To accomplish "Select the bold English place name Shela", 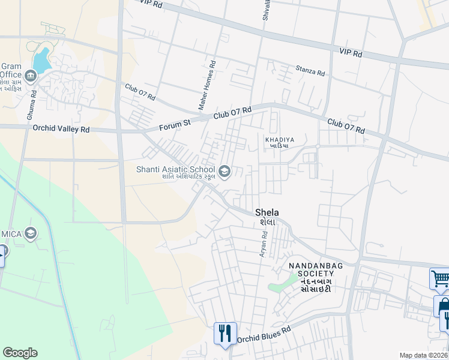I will coord(267,212).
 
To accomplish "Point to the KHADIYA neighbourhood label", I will coord(277,139).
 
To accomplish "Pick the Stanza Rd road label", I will coord(310,70).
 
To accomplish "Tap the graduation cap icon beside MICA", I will coord(31,233).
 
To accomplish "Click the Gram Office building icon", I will coord(31,76).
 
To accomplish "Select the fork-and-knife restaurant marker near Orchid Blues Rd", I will coord(225,334).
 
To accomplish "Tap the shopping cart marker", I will coord(441,278).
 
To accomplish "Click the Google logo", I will coord(20,353).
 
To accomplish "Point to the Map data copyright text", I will coord(424,355).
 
